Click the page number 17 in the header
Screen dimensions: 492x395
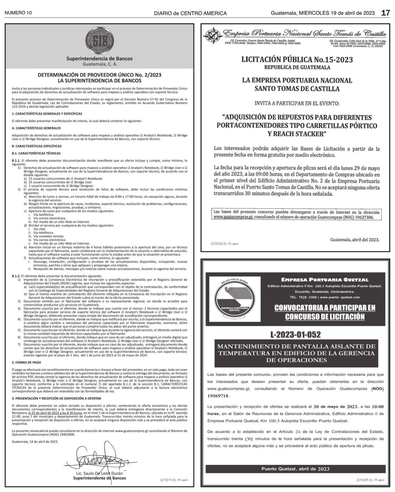click(x=385, y=13)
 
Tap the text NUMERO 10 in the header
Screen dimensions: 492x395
click(x=18, y=13)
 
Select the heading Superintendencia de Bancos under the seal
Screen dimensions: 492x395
click(x=99, y=58)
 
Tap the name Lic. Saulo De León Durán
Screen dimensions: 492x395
click(x=99, y=474)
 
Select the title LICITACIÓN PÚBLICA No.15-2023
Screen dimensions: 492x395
click(x=297, y=60)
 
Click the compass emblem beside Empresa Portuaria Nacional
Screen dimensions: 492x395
click(x=213, y=36)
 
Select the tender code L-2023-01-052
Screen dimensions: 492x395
click(x=296, y=335)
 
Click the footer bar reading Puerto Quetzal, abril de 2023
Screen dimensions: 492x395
click(x=295, y=469)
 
